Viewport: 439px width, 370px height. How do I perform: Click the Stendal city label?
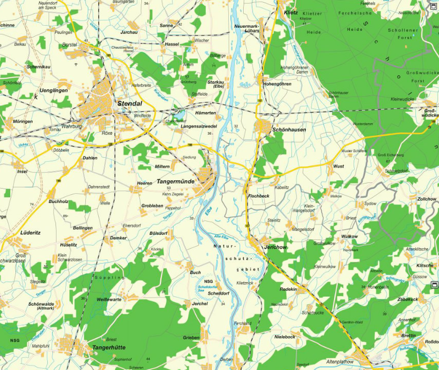(x=130, y=103)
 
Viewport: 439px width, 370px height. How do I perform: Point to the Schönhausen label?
(x=289, y=130)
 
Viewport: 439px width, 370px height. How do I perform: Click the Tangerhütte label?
(x=108, y=348)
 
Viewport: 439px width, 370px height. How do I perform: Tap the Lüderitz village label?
(x=30, y=232)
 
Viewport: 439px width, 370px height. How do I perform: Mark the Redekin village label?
(x=288, y=289)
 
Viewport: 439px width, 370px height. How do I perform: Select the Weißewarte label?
(x=109, y=299)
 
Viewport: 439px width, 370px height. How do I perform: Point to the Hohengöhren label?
(x=277, y=84)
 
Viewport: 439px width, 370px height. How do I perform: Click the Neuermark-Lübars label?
(x=246, y=28)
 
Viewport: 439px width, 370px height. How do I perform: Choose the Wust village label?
(x=339, y=166)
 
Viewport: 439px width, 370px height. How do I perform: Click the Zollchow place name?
(x=427, y=199)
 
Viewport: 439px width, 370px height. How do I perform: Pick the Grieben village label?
(x=191, y=338)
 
